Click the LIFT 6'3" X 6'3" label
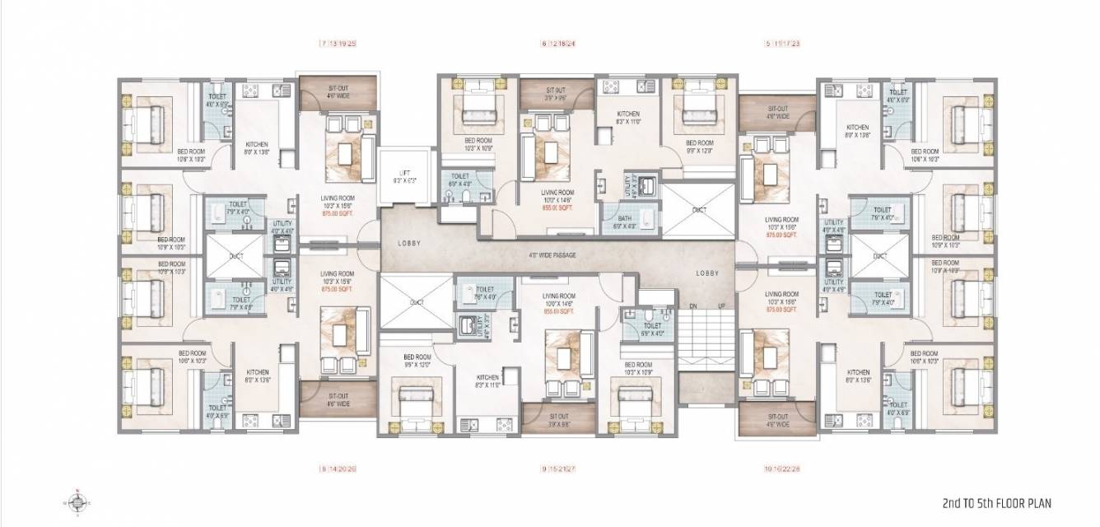[x=403, y=175]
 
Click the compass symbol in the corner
[x=77, y=501]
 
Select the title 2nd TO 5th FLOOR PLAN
[x=996, y=502]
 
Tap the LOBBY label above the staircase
[x=706, y=273]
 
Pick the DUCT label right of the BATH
[x=699, y=210]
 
